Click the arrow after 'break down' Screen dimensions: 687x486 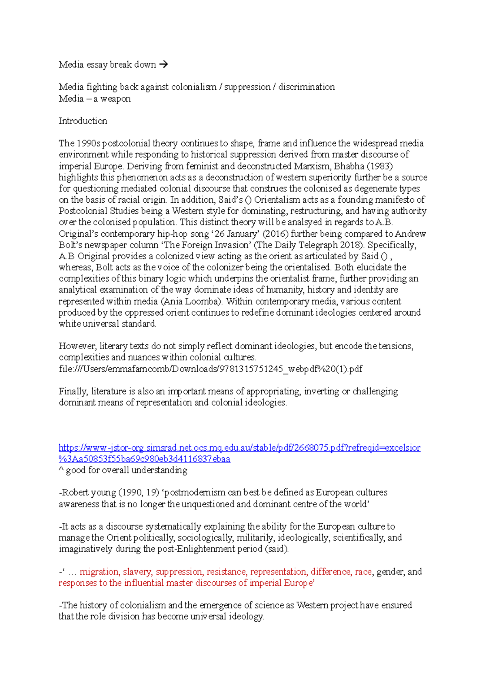coord(163,64)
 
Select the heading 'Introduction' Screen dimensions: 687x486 coord(83,121)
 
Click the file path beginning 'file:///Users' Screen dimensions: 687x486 coord(210,369)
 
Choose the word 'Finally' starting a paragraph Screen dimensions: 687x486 coord(72,391)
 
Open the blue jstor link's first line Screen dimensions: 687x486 coord(239,448)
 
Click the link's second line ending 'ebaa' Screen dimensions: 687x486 coord(144,459)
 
